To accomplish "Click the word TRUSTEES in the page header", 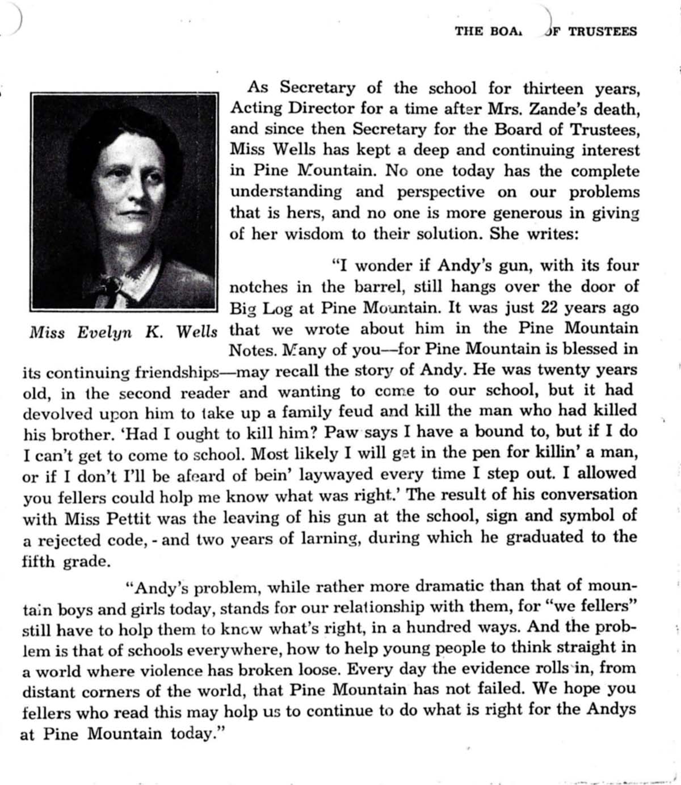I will click(602, 31).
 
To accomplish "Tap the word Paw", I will click(342, 431).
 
